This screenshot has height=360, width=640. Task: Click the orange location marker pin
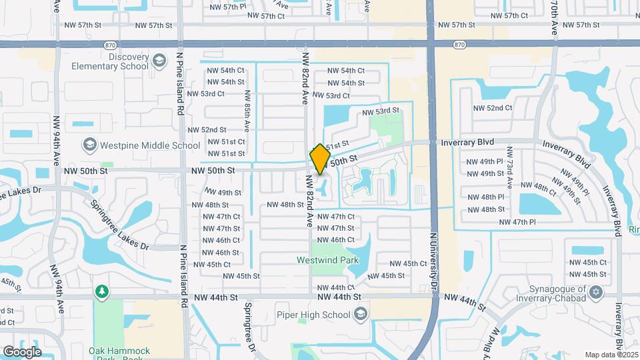click(320, 159)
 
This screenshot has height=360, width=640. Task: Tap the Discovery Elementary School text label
click(119, 61)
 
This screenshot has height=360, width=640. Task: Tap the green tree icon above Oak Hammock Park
click(101, 291)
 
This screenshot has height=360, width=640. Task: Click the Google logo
click(22, 351)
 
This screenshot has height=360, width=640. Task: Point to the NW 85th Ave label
click(247, 110)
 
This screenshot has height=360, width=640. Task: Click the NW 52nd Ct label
click(493, 108)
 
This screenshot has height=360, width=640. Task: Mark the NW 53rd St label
click(381, 111)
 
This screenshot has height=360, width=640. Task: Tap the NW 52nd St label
click(207, 130)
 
